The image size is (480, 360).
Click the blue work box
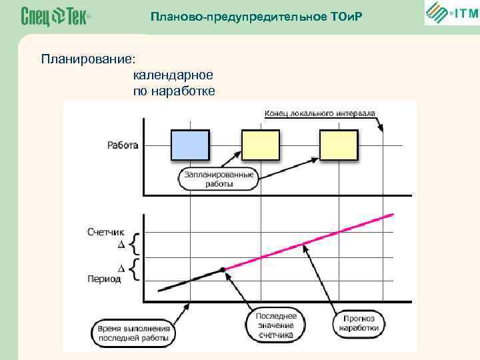point(190,145)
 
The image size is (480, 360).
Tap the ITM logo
point(451,13)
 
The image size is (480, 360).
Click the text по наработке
point(174,91)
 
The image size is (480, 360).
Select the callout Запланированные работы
point(219,179)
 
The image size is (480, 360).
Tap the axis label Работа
point(123,145)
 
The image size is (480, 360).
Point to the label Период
point(105,279)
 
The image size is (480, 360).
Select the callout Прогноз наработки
point(359,323)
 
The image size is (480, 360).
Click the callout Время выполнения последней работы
point(134,333)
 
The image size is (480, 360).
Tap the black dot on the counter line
point(223,269)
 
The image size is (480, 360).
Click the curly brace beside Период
point(135,269)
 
